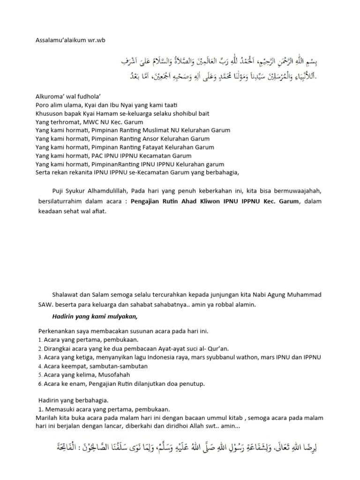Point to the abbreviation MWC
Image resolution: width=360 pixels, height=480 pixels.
point(83,122)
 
